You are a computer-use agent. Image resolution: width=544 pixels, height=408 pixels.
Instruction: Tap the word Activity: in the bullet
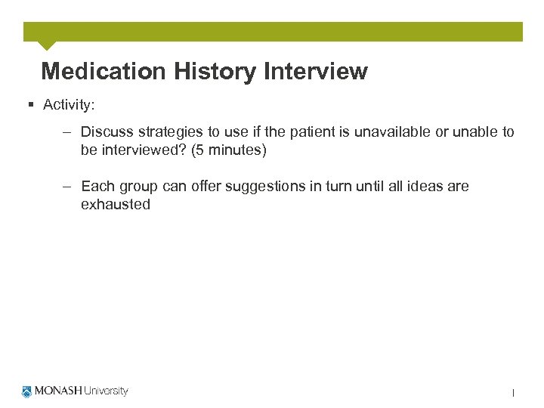(69, 105)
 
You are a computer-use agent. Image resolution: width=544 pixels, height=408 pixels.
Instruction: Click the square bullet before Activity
(29, 105)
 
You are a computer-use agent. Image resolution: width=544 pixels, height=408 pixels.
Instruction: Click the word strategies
(168, 132)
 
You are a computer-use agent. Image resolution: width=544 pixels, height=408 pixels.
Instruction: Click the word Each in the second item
(97, 186)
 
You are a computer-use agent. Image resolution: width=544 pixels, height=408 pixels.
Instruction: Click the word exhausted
(116, 204)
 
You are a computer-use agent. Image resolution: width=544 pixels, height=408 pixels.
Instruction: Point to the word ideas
(425, 186)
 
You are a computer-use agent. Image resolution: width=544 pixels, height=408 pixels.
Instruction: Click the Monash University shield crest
(28, 391)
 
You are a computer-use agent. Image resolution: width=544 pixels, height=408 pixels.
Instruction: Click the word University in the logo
(106, 391)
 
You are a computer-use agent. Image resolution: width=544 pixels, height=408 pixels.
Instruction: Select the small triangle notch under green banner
(47, 46)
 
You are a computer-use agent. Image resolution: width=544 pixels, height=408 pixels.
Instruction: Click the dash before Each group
(67, 186)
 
